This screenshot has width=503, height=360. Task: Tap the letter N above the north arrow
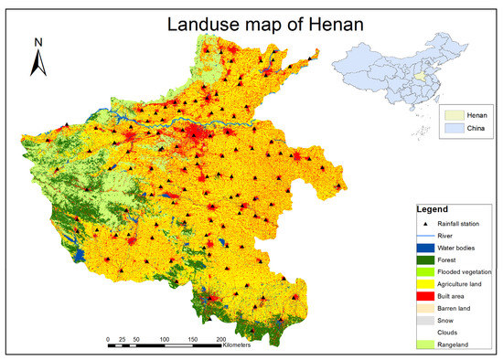point(38,42)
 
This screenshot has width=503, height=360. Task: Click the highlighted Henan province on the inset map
point(422,79)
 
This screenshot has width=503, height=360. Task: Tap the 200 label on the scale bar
point(220,338)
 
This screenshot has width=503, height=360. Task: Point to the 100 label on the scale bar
point(164,338)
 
